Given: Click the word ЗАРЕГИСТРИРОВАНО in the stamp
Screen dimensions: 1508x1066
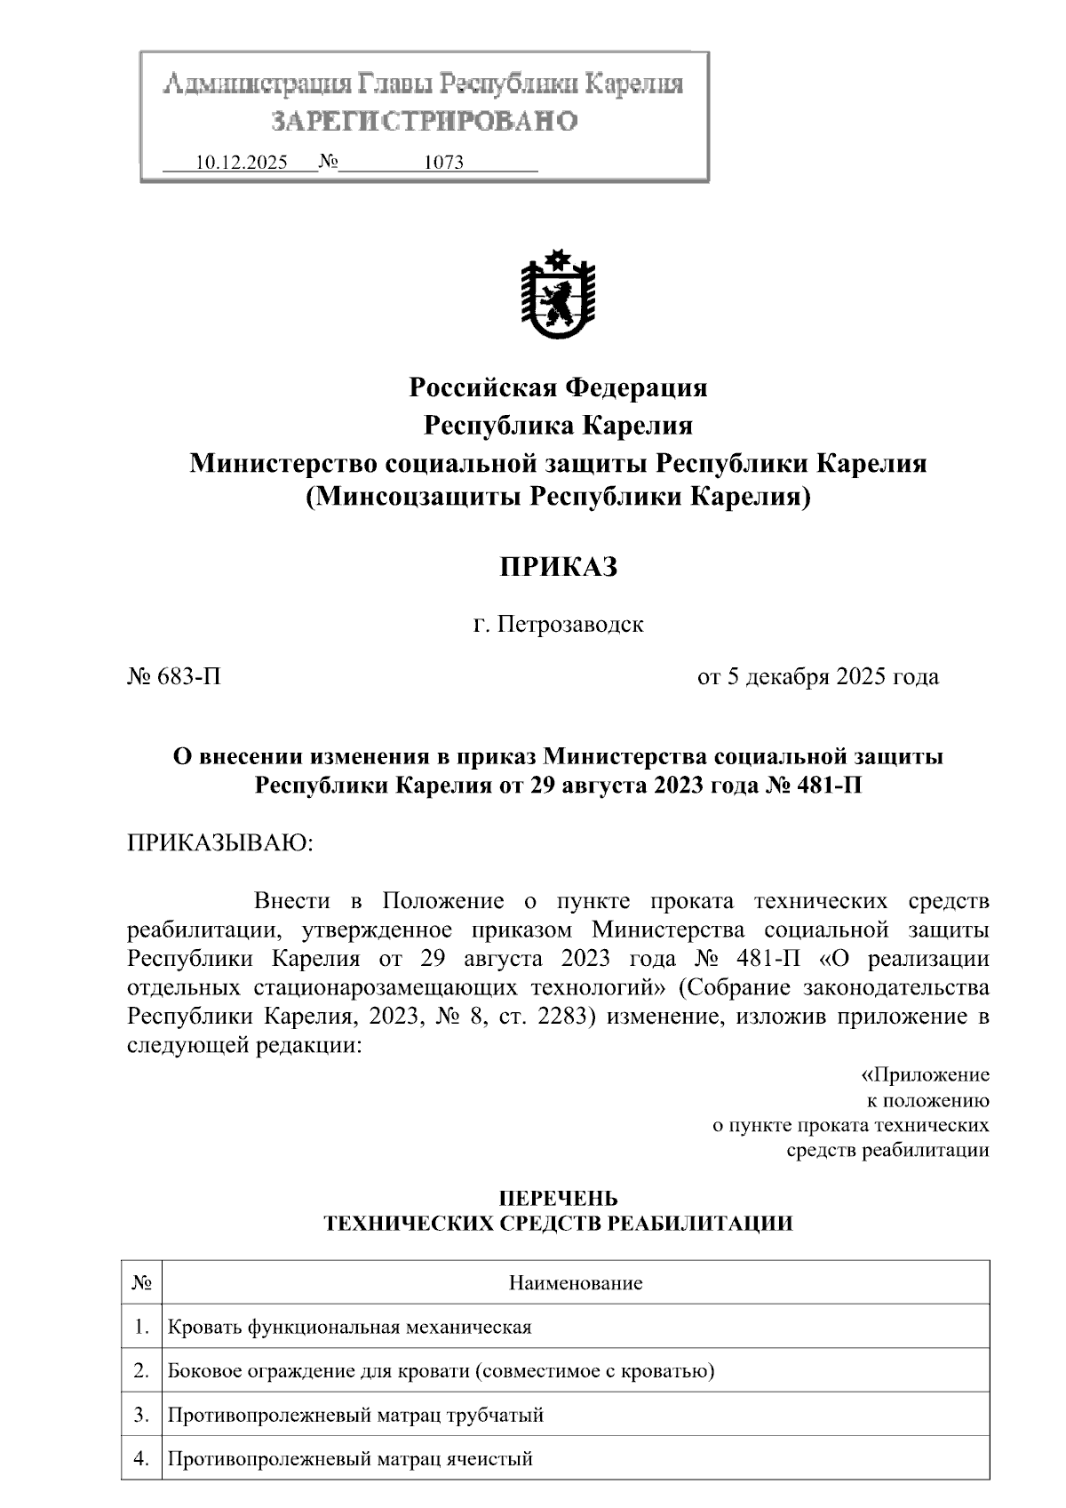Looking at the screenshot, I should (x=424, y=121).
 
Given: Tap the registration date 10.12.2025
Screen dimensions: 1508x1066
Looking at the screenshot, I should (x=241, y=163).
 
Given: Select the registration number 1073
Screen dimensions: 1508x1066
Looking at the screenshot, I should (x=444, y=163).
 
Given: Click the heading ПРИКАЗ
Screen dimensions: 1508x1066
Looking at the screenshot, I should (x=557, y=567).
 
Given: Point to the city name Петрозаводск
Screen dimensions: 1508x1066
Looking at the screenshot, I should (x=569, y=625).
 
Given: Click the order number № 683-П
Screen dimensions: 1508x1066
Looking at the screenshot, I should (x=174, y=677).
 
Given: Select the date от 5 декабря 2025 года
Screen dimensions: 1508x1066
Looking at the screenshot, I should (x=817, y=677).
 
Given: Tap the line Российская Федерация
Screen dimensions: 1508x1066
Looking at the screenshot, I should (x=557, y=387).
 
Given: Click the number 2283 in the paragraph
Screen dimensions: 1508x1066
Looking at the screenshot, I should (x=560, y=1016).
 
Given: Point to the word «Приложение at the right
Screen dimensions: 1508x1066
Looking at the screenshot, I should (x=926, y=1075).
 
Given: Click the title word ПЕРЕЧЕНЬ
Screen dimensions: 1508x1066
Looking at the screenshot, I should (x=557, y=1200).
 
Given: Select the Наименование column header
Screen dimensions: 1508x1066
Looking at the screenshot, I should (x=575, y=1282).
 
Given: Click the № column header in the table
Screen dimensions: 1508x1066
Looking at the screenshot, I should (x=141, y=1282).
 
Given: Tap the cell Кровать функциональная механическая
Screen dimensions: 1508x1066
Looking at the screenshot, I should (x=349, y=1327).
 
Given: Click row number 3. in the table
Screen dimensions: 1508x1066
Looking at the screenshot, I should (x=141, y=1414).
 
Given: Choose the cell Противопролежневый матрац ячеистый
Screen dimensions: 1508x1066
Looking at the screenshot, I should (x=350, y=1458).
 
